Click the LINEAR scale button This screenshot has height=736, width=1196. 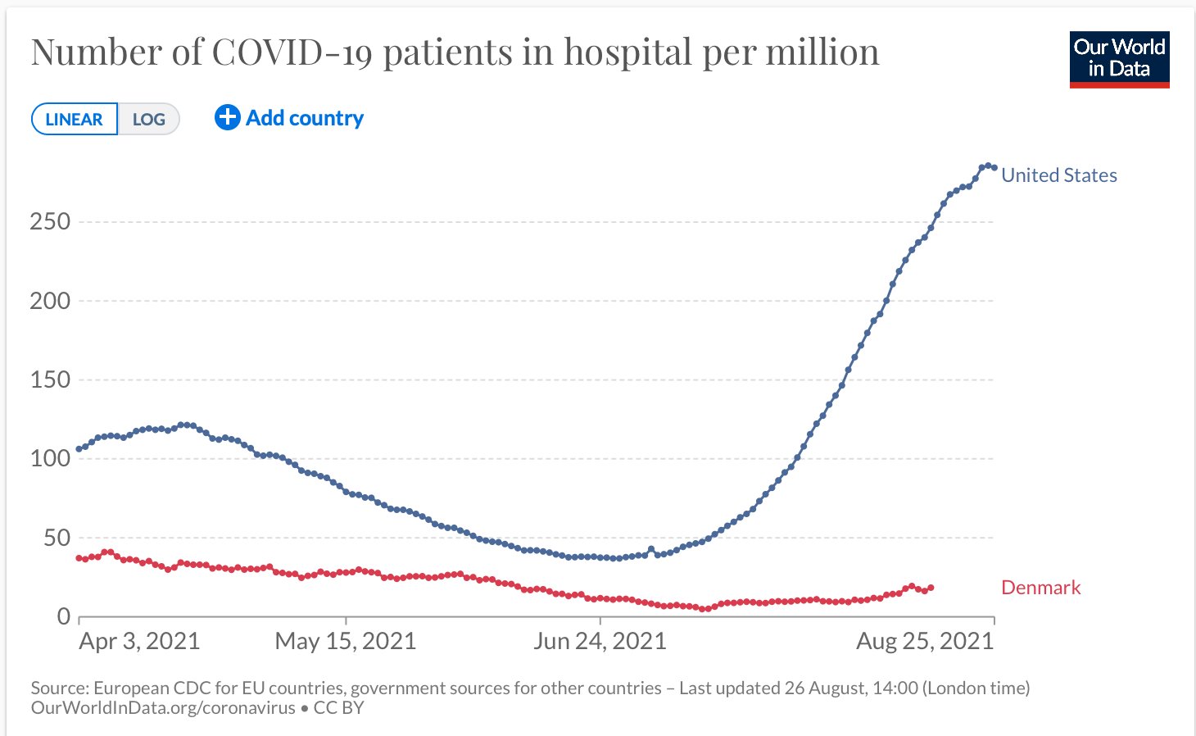pyautogui.click(x=74, y=119)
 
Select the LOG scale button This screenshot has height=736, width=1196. pyautogui.click(x=148, y=119)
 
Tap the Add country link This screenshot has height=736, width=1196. pyautogui.click(x=305, y=118)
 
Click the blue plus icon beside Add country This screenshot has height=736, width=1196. pyautogui.click(x=227, y=118)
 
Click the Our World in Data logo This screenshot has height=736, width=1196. pyautogui.click(x=1119, y=59)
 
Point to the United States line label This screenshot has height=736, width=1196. pyautogui.click(x=1058, y=175)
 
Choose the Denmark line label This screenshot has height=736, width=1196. pyautogui.click(x=1040, y=588)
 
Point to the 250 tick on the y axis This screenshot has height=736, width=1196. pyautogui.click(x=50, y=221)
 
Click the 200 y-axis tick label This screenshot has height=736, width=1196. pyautogui.click(x=50, y=301)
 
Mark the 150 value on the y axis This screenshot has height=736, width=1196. pyautogui.click(x=50, y=379)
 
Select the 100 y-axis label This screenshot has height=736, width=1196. pyautogui.click(x=50, y=458)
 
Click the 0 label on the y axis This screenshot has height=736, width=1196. pyautogui.click(x=64, y=616)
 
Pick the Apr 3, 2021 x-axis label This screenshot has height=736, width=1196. pyautogui.click(x=139, y=641)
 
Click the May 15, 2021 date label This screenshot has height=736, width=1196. pyautogui.click(x=345, y=641)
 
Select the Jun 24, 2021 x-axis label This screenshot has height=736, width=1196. pyautogui.click(x=600, y=641)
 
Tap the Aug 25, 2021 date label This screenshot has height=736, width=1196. pyautogui.click(x=924, y=641)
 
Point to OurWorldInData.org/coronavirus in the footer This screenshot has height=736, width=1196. pyautogui.click(x=163, y=708)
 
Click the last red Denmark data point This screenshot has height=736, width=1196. pyautogui.click(x=931, y=588)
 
